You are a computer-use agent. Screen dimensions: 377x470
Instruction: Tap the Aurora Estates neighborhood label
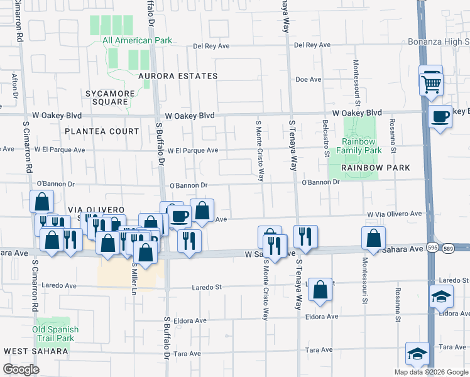pos(178,76)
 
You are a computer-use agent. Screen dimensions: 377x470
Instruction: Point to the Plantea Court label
pos(101,131)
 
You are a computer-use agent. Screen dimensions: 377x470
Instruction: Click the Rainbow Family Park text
pos(359,146)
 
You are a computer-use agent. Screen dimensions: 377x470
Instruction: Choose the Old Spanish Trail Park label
pos(56,334)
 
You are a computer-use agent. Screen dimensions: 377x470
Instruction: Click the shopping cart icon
pos(431,82)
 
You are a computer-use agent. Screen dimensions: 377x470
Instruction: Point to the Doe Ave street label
pos(309,80)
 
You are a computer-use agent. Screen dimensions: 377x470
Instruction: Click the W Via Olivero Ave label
pos(395,214)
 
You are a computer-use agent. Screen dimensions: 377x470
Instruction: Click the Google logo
pos(21,369)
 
